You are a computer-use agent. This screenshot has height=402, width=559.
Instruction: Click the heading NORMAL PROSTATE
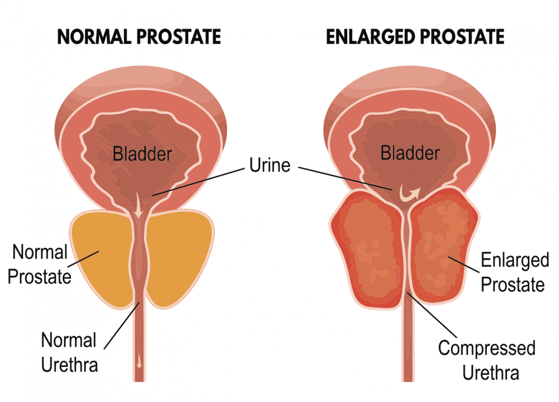click(x=139, y=37)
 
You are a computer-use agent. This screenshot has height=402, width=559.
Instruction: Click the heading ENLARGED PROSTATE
click(x=415, y=37)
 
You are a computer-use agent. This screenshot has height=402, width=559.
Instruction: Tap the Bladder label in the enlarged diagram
click(x=410, y=153)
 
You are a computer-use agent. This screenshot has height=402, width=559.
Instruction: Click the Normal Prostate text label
click(x=41, y=264)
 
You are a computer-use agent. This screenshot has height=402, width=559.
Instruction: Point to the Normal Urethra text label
click(x=69, y=352)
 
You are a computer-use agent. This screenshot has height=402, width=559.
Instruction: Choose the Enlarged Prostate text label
click(x=513, y=272)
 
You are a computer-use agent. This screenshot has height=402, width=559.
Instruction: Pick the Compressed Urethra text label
click(x=486, y=360)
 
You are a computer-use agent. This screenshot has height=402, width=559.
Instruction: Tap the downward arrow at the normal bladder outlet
click(x=138, y=210)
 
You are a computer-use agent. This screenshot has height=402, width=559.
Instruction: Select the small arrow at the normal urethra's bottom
click(x=138, y=363)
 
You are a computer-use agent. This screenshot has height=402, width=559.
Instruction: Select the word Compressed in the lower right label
click(x=486, y=348)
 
